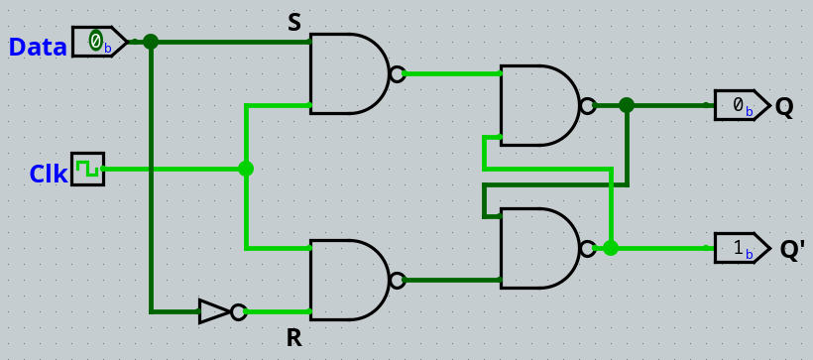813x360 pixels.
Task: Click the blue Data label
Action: (x=38, y=47)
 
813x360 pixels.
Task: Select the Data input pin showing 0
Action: (x=97, y=42)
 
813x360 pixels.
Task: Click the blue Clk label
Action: (x=48, y=175)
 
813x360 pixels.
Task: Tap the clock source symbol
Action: (x=87, y=169)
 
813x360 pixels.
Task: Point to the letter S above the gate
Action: (x=293, y=23)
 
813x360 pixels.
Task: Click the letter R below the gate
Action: (x=293, y=338)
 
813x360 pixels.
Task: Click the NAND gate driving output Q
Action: (x=539, y=105)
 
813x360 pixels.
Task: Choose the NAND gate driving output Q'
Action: (x=539, y=248)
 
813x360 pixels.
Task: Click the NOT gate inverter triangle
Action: (x=215, y=311)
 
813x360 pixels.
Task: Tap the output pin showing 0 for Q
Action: (x=740, y=105)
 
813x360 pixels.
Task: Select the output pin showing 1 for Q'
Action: (x=740, y=248)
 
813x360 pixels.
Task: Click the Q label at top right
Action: (x=784, y=107)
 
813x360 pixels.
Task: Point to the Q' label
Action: (x=791, y=250)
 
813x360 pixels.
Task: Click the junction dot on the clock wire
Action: (x=246, y=169)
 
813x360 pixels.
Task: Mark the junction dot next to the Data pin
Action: (x=151, y=42)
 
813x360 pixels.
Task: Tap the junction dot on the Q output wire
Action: (x=627, y=105)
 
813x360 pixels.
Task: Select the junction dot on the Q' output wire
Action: (x=611, y=248)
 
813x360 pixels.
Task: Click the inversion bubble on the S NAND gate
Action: (x=397, y=73)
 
